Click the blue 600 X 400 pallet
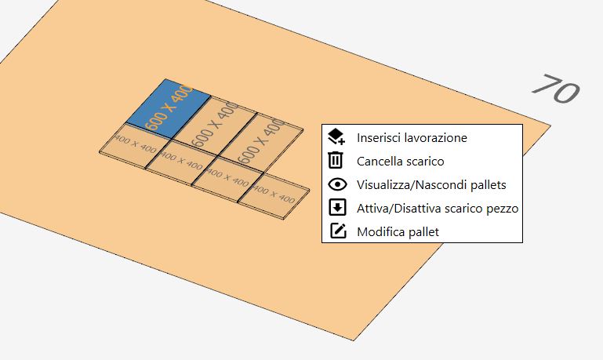169,108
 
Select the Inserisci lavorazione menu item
412,138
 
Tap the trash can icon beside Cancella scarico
336,160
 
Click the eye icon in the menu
337,184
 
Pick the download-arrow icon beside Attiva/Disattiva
337,208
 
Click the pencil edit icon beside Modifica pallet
338,231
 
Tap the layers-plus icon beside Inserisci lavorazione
336,136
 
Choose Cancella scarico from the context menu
401,161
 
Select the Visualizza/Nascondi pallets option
431,184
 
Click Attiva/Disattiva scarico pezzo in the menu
438,209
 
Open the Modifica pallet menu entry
398,232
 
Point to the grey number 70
556,89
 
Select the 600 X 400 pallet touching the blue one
215,124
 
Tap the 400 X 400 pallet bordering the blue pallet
135,145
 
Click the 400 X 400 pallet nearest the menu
274,196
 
